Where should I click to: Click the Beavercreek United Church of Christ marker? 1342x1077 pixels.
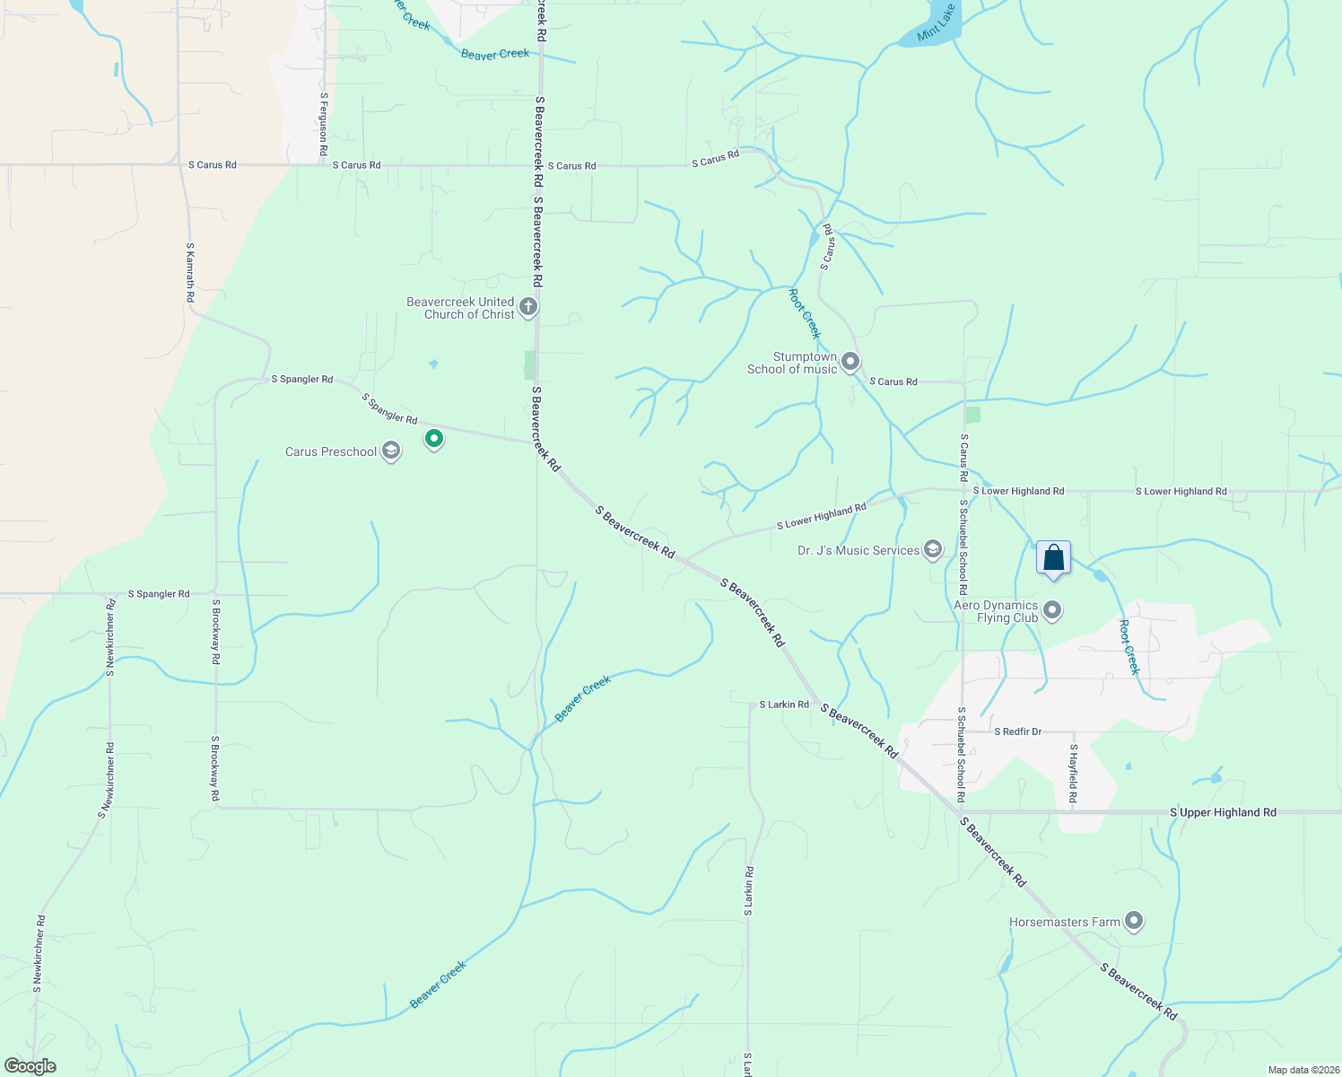click(x=528, y=307)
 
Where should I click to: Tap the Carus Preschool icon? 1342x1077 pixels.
click(x=390, y=451)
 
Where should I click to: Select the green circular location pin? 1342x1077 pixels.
click(x=434, y=439)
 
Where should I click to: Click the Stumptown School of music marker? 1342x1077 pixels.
click(x=850, y=362)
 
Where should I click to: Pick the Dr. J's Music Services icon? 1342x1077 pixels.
click(x=932, y=549)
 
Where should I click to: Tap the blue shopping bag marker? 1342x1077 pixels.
click(x=1053, y=558)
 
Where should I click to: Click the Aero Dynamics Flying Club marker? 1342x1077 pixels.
click(x=1052, y=611)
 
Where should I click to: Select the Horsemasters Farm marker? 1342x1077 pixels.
click(x=1134, y=921)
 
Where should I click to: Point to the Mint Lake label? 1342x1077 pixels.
click(x=936, y=24)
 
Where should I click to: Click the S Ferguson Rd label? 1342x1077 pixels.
click(x=323, y=125)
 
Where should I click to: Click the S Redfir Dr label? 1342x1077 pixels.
click(x=1017, y=731)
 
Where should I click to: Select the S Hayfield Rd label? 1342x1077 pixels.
click(x=1073, y=773)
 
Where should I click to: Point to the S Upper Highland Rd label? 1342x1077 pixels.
click(x=1223, y=812)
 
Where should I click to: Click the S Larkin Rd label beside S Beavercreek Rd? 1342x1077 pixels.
click(x=784, y=705)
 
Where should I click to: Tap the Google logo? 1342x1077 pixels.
click(x=30, y=1066)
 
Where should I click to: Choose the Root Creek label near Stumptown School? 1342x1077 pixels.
click(x=805, y=313)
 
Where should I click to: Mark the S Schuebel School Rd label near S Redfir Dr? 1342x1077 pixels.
click(x=961, y=754)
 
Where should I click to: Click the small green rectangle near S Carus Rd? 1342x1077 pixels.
click(x=973, y=415)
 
